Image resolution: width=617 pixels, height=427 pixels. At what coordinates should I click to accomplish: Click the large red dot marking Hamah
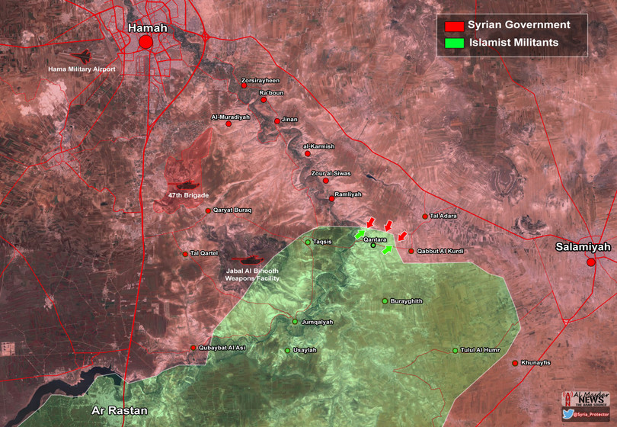tap(145, 43)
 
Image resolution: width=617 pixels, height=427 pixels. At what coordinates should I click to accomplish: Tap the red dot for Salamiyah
tap(591, 262)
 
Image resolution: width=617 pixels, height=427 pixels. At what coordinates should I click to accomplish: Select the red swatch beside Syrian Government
tap(454, 26)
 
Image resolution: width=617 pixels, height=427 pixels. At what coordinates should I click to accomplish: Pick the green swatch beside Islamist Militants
tap(454, 43)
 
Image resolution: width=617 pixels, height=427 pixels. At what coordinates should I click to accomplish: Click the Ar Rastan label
tap(119, 409)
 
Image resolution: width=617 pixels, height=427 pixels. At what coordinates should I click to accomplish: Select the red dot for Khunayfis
tap(515, 363)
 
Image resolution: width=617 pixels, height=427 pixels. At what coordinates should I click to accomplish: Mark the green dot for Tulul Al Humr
tap(456, 351)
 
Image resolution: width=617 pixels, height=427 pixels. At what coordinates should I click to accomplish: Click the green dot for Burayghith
tap(385, 301)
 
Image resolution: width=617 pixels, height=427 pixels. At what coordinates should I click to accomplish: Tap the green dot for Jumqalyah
tap(296, 322)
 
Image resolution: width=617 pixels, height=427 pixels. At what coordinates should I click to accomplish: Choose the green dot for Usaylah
tap(287, 351)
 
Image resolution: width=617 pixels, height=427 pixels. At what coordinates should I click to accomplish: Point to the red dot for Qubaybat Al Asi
tap(193, 348)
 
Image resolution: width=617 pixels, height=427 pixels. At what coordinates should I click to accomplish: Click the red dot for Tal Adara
tap(425, 217)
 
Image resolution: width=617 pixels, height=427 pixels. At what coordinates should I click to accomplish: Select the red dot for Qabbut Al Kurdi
tap(411, 251)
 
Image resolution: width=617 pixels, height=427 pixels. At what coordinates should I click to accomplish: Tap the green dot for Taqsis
tap(308, 242)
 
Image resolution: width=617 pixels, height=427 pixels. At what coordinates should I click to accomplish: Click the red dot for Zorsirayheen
tap(245, 85)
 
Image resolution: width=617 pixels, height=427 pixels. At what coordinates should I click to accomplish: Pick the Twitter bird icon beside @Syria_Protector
tap(567, 414)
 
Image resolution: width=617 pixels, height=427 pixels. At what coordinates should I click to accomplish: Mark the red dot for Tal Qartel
tap(184, 254)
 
